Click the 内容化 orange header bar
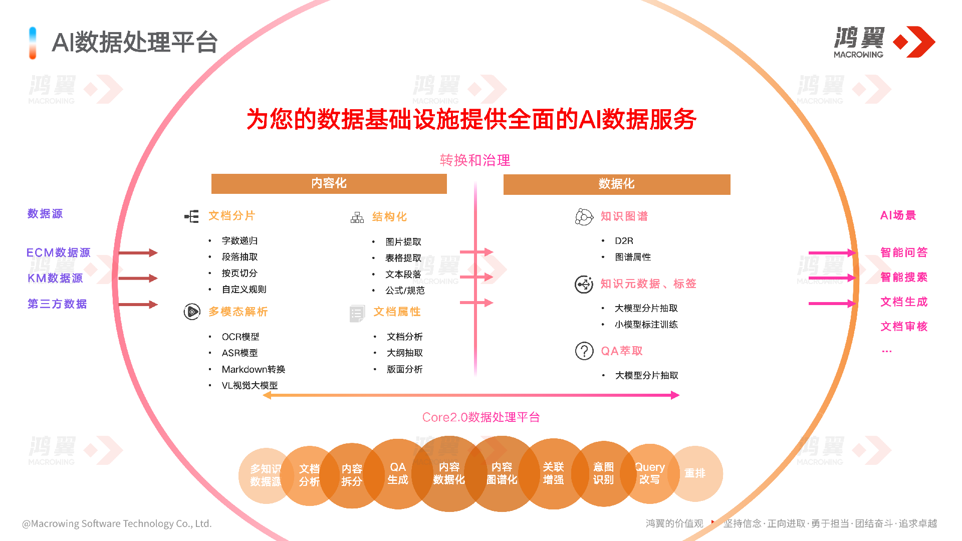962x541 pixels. point(329,183)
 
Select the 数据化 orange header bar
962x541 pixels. point(616,184)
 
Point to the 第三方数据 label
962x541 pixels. point(57,304)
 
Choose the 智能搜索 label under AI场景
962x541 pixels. point(903,277)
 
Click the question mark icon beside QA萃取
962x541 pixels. point(584,351)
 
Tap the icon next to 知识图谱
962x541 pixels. point(584,217)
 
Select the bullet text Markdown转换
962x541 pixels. point(253,369)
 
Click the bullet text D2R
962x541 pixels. point(624,241)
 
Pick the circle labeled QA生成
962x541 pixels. point(398,473)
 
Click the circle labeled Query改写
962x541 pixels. point(650,473)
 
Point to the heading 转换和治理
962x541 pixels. point(474,160)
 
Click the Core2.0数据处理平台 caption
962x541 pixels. point(480,417)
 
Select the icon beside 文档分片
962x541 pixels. point(191,216)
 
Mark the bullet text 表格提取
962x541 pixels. point(403,258)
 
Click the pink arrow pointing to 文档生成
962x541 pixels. point(832,303)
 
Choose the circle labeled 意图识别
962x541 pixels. point(603,473)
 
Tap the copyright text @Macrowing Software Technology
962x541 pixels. point(117,523)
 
